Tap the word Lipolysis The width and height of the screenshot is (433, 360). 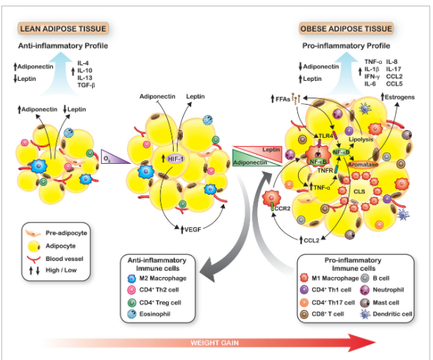tap(377, 140)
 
